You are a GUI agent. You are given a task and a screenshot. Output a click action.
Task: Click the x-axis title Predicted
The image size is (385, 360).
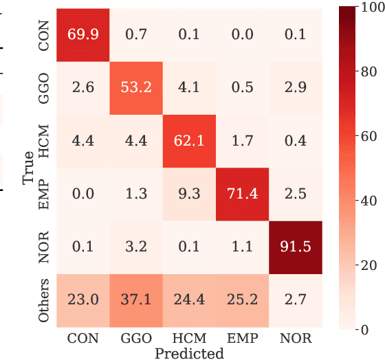tap(189, 354)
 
